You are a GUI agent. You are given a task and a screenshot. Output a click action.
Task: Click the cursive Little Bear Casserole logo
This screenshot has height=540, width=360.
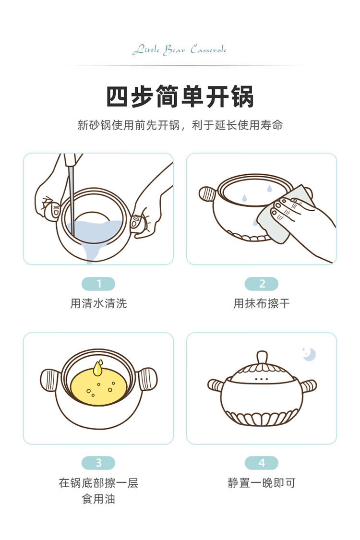tap(180, 50)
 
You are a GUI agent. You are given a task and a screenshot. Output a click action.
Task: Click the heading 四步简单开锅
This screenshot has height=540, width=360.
tap(180, 97)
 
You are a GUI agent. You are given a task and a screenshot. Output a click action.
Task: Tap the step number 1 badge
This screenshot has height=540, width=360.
tap(98, 284)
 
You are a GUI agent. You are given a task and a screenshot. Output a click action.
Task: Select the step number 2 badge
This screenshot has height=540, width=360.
tap(262, 284)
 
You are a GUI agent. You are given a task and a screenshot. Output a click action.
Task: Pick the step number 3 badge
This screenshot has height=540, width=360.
tap(98, 463)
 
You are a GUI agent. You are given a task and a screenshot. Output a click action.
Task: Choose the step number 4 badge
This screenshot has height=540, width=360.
tap(262, 463)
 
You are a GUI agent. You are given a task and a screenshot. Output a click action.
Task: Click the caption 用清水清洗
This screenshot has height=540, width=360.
tap(98, 303)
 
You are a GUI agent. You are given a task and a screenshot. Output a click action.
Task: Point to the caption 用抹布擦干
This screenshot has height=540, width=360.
tap(262, 303)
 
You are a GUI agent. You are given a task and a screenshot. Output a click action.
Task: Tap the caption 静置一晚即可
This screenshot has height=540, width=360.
tap(262, 483)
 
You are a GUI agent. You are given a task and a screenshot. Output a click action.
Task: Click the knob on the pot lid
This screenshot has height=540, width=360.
tap(262, 358)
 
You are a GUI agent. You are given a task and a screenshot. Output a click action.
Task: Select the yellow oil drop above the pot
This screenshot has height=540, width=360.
tap(98, 368)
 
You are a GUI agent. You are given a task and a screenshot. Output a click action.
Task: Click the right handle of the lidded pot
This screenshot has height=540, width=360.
tap(309, 385)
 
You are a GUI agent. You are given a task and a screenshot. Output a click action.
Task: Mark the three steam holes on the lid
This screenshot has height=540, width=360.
tap(262, 379)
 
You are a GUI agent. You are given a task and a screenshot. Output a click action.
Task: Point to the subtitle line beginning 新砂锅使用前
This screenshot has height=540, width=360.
tap(180, 125)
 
